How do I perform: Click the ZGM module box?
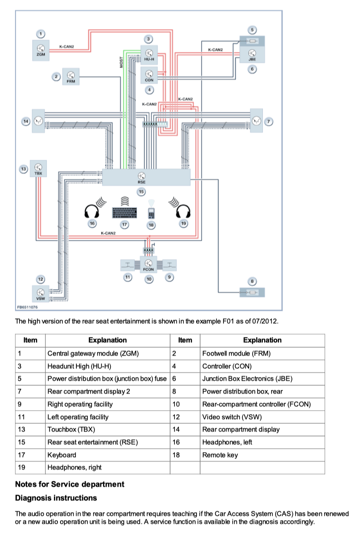coord(41,50)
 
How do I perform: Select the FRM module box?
coord(71,77)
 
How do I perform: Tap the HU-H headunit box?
coord(149,55)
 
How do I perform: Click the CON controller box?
coord(149,75)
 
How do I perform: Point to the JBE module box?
coord(252,55)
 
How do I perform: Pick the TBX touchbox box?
coord(38,168)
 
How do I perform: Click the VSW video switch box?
coord(41,294)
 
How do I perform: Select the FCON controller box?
coord(148,265)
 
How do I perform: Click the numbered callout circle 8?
coord(252,281)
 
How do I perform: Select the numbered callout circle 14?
coord(26,121)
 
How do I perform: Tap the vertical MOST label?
coord(121,62)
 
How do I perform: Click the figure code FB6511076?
coord(27,307)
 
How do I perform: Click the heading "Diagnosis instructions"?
coord(56,498)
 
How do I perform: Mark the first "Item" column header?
coord(30,340)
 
